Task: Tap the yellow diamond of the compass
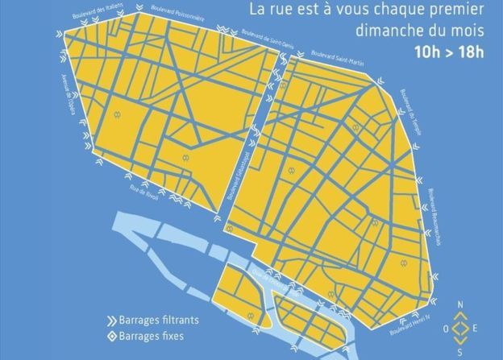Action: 459,329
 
